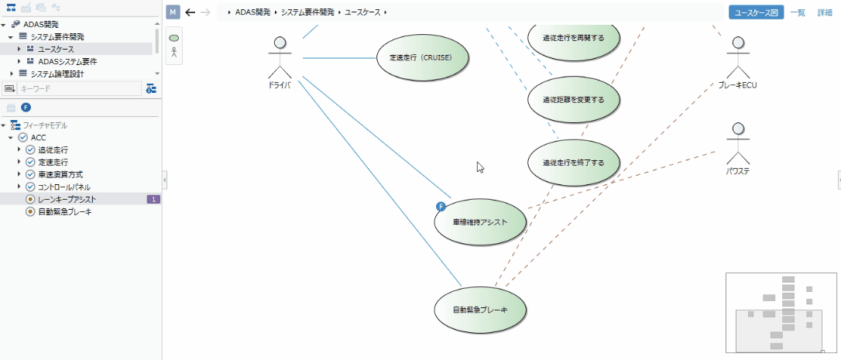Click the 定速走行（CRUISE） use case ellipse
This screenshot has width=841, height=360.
coord(424,58)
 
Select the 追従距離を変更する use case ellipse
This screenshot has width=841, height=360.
coord(573,100)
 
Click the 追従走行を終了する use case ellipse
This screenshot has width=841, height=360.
coord(573,163)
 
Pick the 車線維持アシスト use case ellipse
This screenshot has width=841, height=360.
coord(480,222)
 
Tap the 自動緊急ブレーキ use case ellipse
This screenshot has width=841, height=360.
coord(480,310)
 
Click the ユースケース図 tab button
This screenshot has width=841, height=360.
coord(756,12)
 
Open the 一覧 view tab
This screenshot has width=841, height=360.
coord(798,12)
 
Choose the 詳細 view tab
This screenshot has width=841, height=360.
coord(825,12)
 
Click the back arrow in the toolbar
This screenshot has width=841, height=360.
coord(191,12)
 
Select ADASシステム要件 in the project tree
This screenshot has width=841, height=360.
coord(67,61)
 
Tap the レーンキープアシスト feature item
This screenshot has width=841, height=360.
coord(67,199)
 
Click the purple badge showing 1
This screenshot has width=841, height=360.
coord(153,199)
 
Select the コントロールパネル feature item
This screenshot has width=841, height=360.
coord(64,187)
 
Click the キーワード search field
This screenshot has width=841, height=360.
coord(77,89)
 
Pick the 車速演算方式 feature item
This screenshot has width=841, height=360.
coord(60,174)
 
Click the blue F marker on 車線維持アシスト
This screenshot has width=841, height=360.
coord(441,206)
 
